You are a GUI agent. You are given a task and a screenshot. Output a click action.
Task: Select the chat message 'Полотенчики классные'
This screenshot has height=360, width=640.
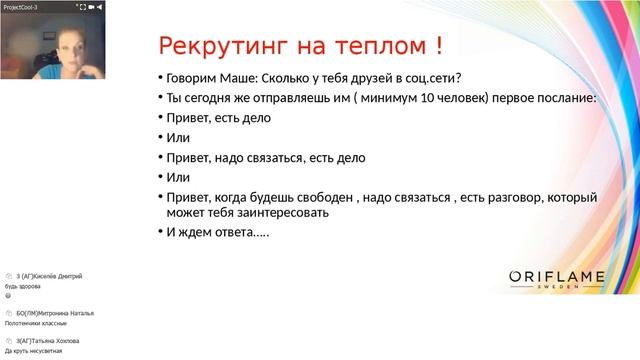tap(36, 323)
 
